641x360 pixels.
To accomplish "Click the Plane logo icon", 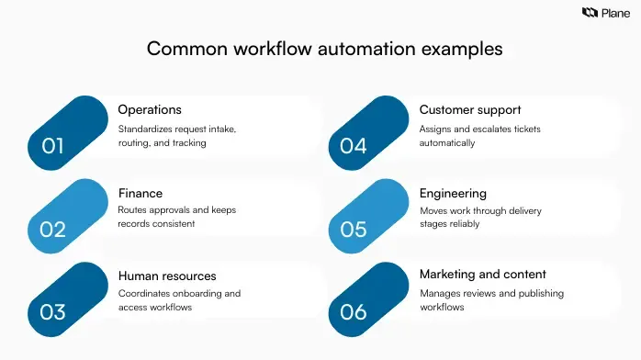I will [590, 13].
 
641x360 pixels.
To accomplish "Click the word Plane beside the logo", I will [615, 13].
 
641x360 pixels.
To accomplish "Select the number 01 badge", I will [54, 144].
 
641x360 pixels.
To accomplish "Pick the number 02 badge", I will [54, 229].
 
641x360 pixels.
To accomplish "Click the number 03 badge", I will [54, 311].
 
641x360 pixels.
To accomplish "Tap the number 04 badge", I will [354, 144].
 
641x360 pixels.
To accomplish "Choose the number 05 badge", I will [354, 229].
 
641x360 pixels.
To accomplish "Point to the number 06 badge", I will [354, 311].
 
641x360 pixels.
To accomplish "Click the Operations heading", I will [150, 110].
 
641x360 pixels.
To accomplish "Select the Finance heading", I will [141, 193].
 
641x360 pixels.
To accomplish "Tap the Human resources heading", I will [167, 276].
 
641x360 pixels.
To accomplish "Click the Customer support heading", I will [470, 110].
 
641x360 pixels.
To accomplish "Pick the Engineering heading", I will [453, 193].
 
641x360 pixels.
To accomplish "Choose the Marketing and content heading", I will [483, 275].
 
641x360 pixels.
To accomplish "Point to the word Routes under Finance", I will [133, 210].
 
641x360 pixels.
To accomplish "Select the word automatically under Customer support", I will [447, 143].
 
